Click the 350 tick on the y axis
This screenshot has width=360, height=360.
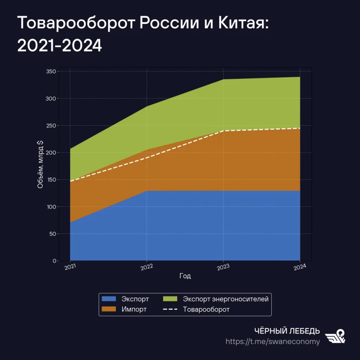point(51,71)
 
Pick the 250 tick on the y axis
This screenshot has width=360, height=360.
point(51,126)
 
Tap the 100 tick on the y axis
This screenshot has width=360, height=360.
point(51,207)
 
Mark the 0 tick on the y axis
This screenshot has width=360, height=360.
point(54,261)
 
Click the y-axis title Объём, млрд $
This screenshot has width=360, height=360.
point(40,164)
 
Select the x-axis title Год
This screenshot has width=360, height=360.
point(185,276)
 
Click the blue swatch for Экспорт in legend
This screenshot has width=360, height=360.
point(109,299)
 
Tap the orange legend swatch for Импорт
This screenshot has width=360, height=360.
point(109,309)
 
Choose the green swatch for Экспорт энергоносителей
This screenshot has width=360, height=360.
point(170,299)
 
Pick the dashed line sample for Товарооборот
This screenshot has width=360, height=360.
point(170,309)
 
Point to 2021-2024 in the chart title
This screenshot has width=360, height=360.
point(59,45)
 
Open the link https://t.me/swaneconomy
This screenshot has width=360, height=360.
point(272,342)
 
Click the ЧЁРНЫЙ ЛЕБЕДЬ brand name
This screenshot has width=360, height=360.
point(287,331)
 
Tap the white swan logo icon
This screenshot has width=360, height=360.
point(335,336)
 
